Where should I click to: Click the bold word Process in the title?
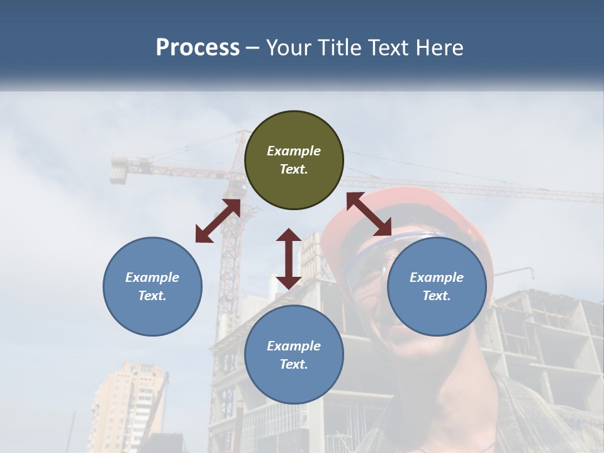[198, 48]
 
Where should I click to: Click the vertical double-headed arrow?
[289, 259]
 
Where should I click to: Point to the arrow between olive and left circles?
[218, 221]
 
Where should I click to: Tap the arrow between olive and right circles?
[369, 214]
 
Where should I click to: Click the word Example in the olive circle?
[294, 151]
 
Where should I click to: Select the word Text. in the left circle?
[152, 296]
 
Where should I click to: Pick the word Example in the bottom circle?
[294, 346]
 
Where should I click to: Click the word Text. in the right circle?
[437, 296]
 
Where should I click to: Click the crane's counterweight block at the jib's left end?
[119, 170]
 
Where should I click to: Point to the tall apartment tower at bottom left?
[126, 403]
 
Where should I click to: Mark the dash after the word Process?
[253, 48]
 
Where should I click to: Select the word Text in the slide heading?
[389, 48]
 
